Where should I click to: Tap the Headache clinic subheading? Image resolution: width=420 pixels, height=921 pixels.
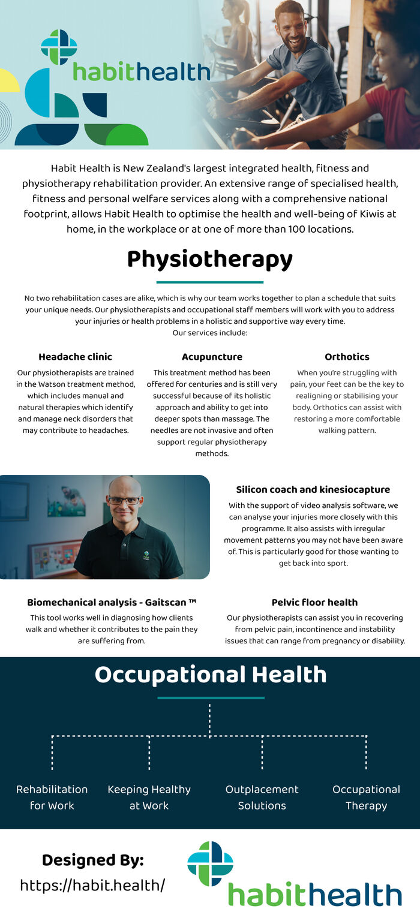tap(75, 357)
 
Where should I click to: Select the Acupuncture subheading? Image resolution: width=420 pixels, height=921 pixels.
tap(212, 357)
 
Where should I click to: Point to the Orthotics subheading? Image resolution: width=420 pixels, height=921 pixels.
tap(347, 357)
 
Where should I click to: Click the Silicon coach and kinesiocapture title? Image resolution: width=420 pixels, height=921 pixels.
tap(313, 490)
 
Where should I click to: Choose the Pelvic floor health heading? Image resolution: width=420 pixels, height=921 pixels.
tap(314, 603)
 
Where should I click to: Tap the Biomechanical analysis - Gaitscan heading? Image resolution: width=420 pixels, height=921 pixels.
tap(112, 603)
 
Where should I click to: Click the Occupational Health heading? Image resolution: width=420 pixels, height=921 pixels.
tap(210, 675)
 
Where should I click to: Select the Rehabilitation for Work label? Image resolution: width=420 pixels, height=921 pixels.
tap(52, 797)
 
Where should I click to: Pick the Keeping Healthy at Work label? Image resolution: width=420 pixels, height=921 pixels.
tap(149, 797)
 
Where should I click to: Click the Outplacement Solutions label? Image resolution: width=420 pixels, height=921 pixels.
tap(262, 797)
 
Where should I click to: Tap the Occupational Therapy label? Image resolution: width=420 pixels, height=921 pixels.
tap(366, 797)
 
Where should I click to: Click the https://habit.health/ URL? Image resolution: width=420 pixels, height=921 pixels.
tap(92, 885)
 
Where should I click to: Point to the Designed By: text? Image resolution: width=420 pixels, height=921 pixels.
tap(93, 860)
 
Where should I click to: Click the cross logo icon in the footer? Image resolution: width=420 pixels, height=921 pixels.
tap(210, 863)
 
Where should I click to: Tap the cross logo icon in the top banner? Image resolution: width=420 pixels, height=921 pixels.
tap(59, 47)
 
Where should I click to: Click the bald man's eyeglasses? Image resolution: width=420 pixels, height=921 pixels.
tap(124, 500)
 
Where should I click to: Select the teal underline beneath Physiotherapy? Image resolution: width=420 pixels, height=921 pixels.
tap(210, 282)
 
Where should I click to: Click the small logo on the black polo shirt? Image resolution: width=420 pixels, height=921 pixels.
tap(146, 555)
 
